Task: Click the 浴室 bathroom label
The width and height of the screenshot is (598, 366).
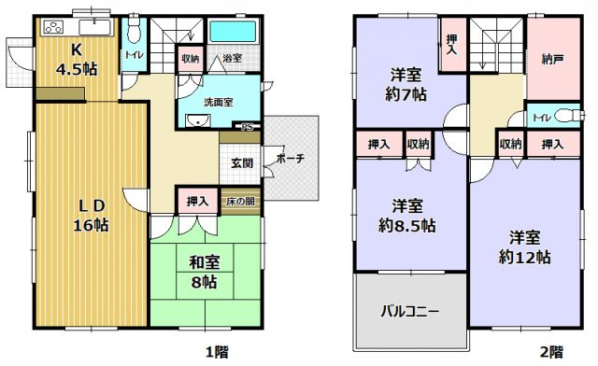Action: pos(231,59)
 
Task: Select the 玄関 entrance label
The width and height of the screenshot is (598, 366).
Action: pos(242,162)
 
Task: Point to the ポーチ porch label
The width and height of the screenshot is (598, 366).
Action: pos(290,160)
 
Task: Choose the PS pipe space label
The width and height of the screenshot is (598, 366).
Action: pos(249,126)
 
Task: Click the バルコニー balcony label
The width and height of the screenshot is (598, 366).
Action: pos(409,311)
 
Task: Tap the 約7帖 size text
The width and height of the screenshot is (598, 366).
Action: pos(408,93)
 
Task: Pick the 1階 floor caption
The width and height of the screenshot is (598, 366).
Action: pos(217,353)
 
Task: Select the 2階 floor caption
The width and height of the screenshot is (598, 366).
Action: pos(551,353)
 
